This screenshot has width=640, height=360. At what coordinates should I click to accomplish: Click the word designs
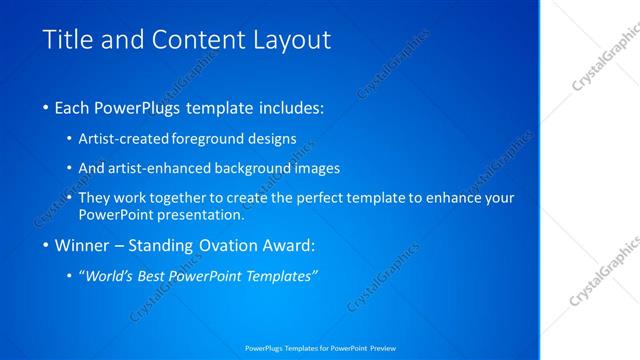(272, 139)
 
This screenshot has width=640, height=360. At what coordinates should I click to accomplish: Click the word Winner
(81, 245)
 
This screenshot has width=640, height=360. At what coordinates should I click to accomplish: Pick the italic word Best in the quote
(167, 275)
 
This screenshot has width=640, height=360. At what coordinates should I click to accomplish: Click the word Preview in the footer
(383, 348)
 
